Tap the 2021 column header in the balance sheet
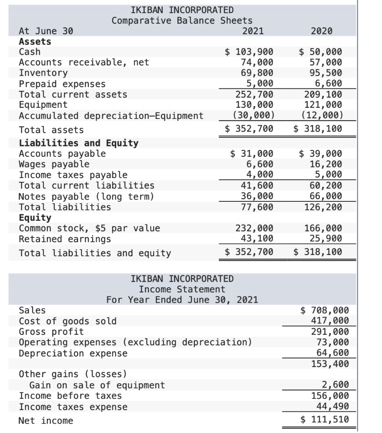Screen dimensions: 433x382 point(253,31)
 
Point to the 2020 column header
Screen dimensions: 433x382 point(321,31)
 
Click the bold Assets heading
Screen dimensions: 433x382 point(35,41)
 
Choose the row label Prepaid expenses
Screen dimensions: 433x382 point(63,84)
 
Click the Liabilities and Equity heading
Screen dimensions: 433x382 point(79,143)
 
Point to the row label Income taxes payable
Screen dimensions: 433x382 point(73,175)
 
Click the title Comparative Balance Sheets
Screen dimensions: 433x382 point(182,20)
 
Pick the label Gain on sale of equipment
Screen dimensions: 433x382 point(97,385)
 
